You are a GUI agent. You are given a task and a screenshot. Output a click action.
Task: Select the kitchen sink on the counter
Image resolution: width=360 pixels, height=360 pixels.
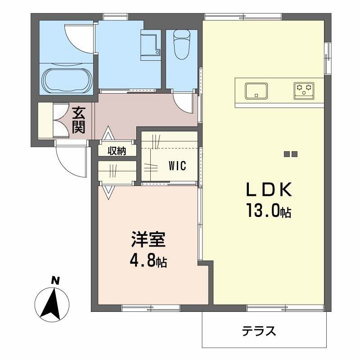click(x=256, y=91)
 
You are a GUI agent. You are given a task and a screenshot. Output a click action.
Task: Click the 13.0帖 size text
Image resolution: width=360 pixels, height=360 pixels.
click(x=268, y=211)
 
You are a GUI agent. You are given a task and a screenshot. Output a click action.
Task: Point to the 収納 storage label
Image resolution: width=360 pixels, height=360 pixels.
click(x=117, y=151)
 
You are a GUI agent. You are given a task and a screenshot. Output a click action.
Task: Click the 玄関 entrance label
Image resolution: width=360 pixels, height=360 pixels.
click(x=79, y=120)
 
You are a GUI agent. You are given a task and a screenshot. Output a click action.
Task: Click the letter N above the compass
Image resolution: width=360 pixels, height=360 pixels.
click(x=55, y=281)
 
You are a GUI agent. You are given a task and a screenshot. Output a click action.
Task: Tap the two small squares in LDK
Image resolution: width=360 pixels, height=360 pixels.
click(x=291, y=154)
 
